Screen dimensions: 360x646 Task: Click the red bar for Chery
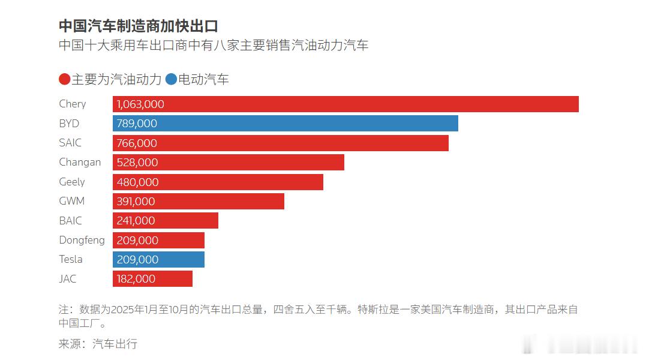pos(345,104)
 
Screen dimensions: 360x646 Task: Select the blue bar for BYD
pos(286,124)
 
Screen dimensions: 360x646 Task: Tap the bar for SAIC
pos(281,143)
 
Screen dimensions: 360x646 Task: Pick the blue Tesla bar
pos(158,259)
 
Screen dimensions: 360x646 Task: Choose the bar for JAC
pos(152,279)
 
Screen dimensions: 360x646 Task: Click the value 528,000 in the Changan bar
pos(137,163)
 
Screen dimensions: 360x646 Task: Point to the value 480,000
pos(137,182)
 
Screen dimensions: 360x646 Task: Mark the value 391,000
pos(136,202)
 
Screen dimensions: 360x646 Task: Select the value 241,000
pos(136,221)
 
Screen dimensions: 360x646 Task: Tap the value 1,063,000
pos(140,104)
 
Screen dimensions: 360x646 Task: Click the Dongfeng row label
pos(82,240)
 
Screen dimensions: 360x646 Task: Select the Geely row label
pos(72,182)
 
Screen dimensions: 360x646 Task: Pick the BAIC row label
pos(70,221)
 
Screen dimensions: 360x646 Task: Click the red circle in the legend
pos(65,79)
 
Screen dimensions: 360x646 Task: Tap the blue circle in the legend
pos(172,79)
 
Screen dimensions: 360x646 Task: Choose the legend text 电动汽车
pos(204,79)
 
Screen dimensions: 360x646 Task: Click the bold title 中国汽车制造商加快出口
pos(138,26)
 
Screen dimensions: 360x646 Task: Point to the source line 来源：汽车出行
pos(98,344)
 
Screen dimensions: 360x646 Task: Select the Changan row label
pos(80,162)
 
